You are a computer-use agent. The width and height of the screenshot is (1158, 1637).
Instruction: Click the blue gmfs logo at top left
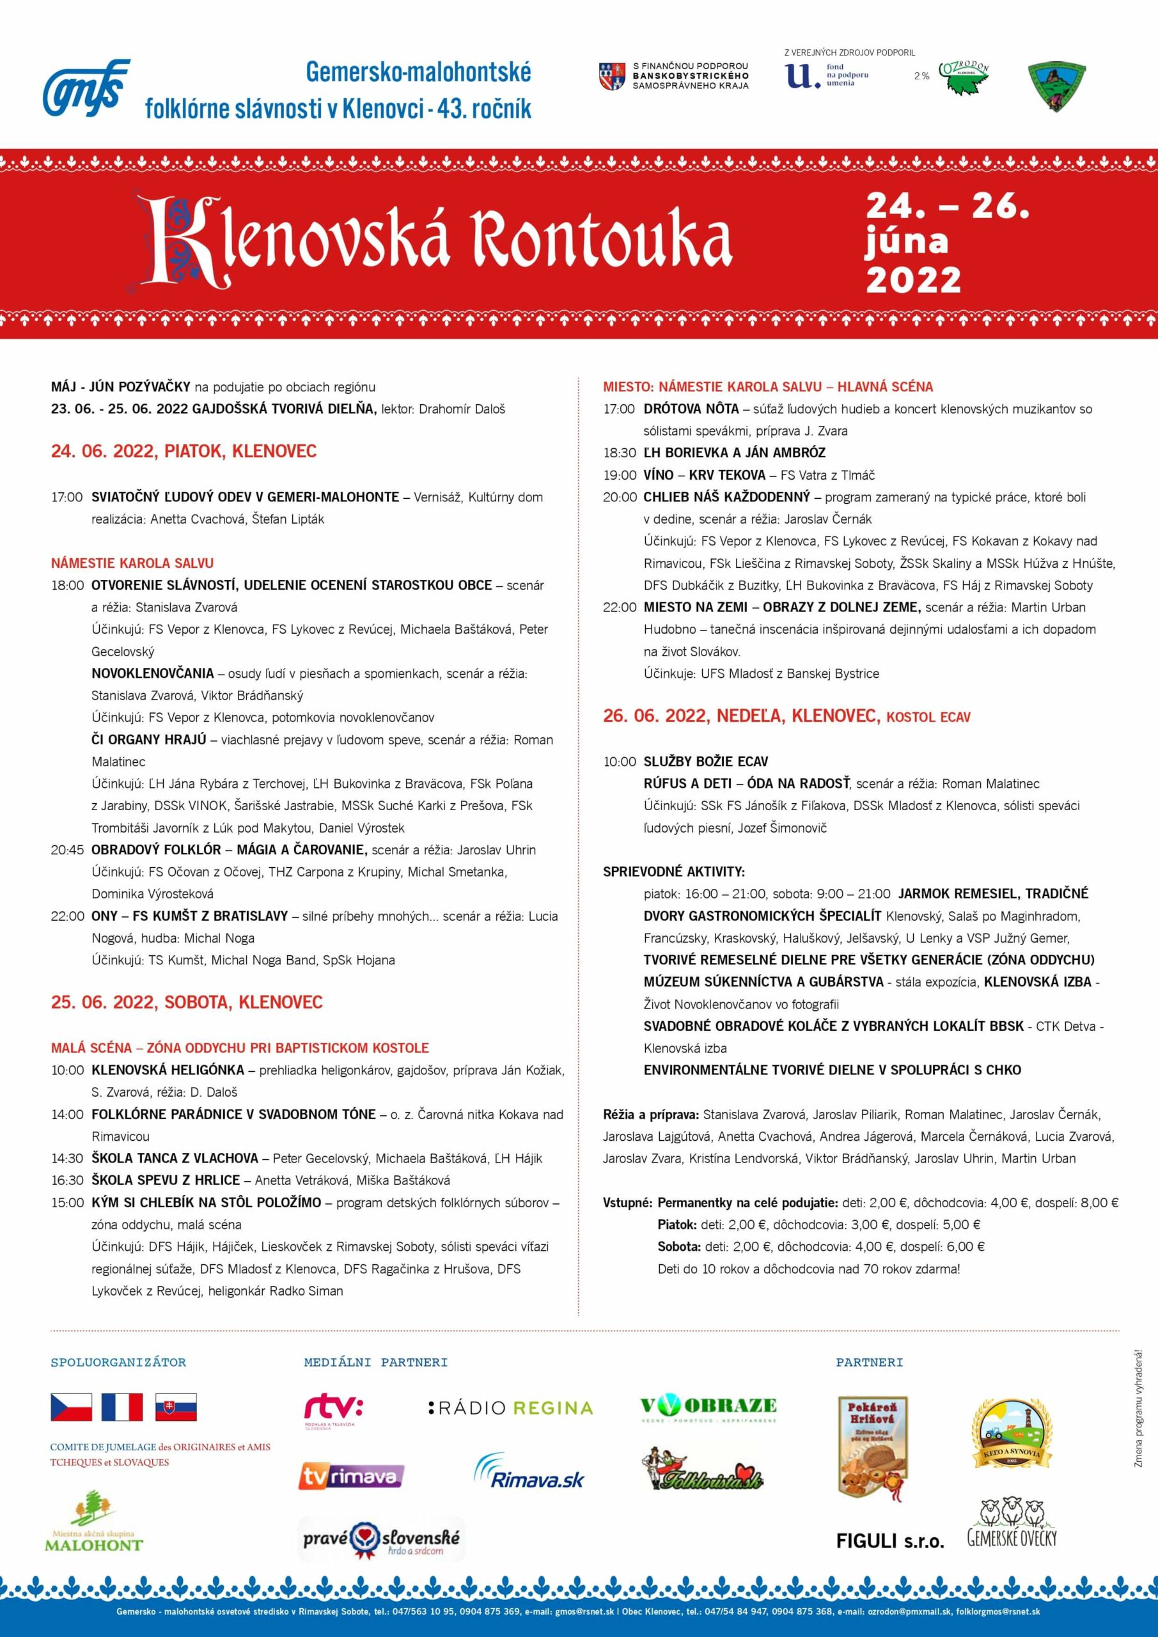click(86, 88)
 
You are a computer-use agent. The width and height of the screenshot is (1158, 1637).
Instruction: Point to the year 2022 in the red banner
click(914, 279)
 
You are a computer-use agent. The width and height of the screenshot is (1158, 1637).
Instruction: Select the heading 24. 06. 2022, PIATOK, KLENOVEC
click(184, 451)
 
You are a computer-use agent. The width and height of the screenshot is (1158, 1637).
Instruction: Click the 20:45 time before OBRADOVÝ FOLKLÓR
click(67, 850)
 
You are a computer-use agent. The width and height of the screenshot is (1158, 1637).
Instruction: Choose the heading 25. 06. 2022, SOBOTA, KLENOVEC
click(186, 1002)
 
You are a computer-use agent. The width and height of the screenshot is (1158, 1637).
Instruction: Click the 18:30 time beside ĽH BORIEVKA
click(619, 453)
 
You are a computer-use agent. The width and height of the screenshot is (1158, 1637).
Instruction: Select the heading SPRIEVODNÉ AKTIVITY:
click(674, 872)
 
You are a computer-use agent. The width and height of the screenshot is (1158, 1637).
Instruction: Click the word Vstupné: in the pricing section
click(627, 1203)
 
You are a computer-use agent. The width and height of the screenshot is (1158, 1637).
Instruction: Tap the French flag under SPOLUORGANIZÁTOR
click(122, 1407)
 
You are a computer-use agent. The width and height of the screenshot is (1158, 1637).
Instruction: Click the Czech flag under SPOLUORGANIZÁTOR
click(72, 1407)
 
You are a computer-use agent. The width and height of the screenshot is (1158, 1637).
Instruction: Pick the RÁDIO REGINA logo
click(510, 1407)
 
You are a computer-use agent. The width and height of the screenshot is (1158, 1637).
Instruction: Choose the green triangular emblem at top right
click(1056, 86)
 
